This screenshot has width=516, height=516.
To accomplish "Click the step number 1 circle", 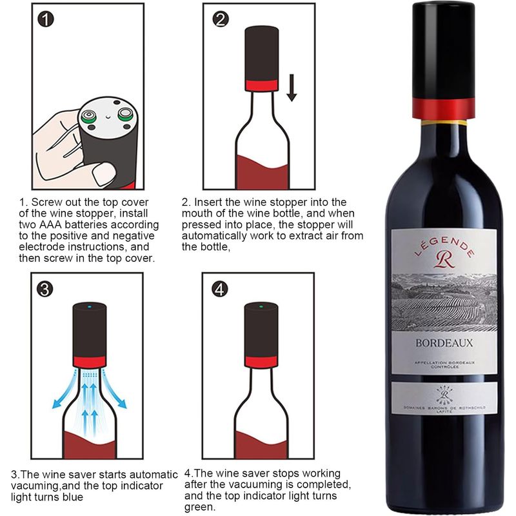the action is (45, 19).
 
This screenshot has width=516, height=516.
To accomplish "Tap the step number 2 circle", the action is (220, 19).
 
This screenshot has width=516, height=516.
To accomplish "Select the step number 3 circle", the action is (45, 289).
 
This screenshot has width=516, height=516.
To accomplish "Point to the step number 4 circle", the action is (220, 289).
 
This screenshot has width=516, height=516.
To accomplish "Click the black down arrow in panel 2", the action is (292, 88).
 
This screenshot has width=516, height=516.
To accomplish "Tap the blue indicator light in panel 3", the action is (90, 307).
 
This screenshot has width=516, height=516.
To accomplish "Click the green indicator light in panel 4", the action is (261, 307).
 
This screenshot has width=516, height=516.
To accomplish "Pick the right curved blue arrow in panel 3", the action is (114, 390).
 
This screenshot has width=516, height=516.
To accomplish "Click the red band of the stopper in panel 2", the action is (262, 85).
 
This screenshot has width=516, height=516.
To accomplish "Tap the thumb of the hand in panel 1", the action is (104, 173).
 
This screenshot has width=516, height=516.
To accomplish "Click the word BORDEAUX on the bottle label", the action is (444, 343).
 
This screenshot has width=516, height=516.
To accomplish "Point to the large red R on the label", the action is (444, 260).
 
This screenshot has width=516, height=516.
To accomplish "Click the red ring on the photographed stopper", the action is (443, 108).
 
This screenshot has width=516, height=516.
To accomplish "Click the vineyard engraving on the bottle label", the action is (444, 302).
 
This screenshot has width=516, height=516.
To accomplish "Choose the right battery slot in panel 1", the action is (125, 114).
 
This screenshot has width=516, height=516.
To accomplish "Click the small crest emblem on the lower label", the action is (444, 395).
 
